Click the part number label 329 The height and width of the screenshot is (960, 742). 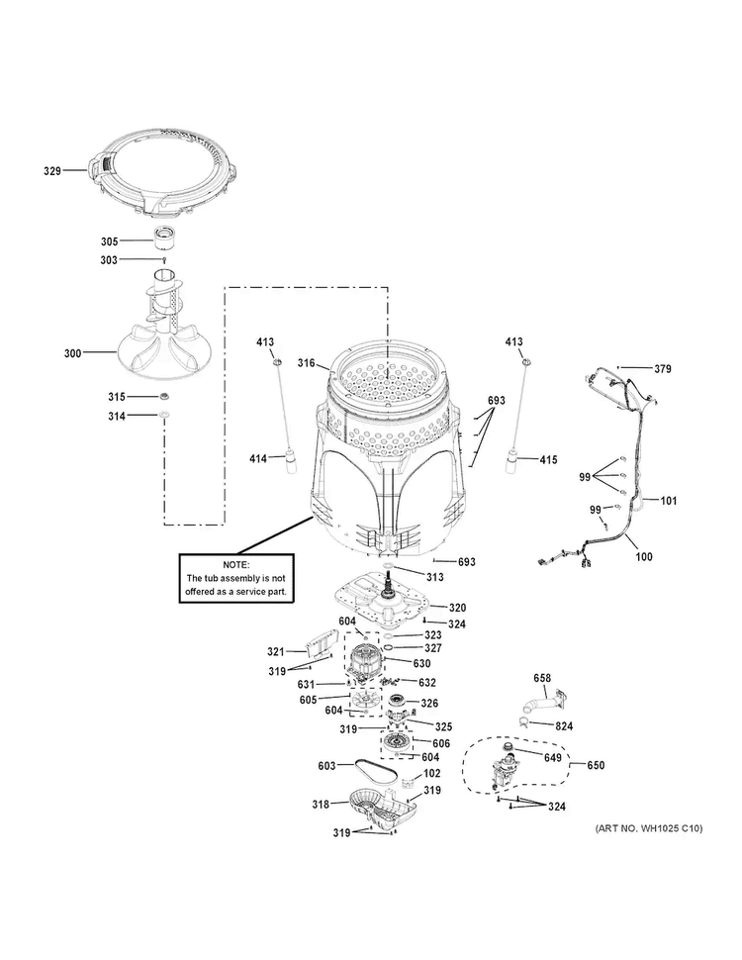pos(52,171)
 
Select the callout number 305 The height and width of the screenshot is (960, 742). pos(109,240)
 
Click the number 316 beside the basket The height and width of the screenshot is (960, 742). pos(306,364)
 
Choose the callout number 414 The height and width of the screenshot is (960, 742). pos(258,458)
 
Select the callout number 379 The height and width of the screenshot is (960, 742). pos(662,369)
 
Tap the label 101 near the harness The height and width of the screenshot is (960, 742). pos(669,501)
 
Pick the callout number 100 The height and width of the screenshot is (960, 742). pos(644,557)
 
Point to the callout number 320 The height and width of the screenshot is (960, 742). pos(457,608)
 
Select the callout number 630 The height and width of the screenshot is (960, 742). pos(421,663)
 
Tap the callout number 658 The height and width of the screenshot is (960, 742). pos(542,678)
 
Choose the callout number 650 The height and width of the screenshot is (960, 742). pos(596,765)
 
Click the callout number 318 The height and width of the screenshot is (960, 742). pos(321,805)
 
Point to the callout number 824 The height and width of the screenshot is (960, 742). pos(563,724)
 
